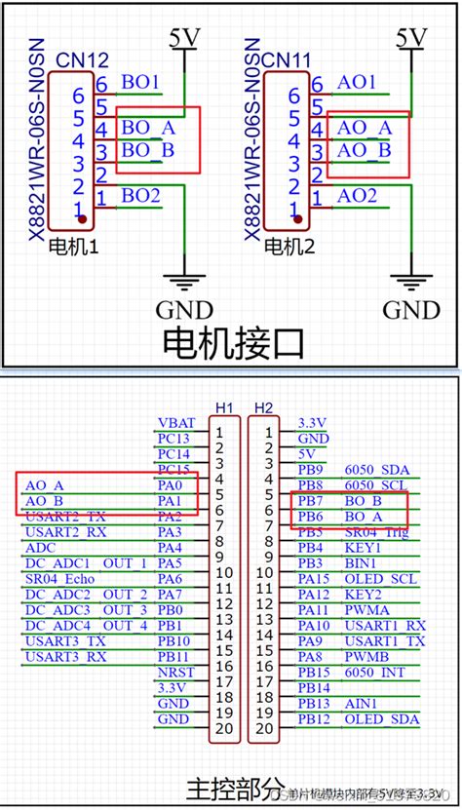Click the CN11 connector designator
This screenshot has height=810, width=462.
289,61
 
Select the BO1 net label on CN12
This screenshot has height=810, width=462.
140,83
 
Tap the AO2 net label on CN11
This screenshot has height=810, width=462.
357,196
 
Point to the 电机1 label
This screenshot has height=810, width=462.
74,248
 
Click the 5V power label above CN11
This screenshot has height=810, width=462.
411,37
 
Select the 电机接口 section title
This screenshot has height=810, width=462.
232,342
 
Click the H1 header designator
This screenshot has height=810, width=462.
224,406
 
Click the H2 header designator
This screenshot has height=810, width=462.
263,406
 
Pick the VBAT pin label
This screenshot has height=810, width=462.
175,423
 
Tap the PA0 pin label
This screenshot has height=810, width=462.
170,484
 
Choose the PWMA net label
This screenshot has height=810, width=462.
367,609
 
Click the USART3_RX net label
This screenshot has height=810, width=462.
66,656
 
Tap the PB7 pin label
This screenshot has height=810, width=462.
311,500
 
